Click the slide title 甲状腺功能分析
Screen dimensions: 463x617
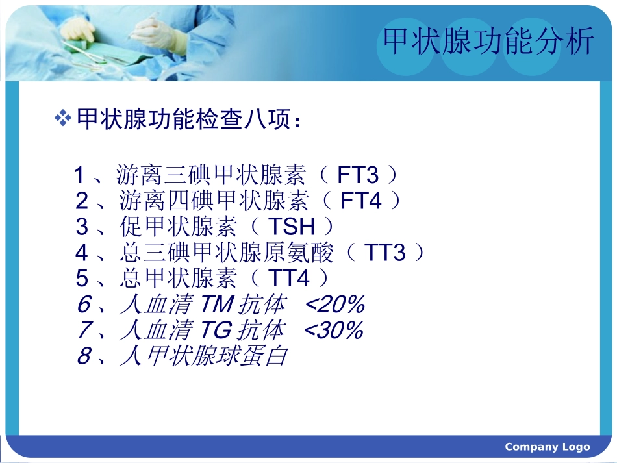tap(488, 42)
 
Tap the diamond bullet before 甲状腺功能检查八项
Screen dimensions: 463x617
tap(62, 118)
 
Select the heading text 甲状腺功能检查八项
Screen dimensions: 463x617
tap(188, 119)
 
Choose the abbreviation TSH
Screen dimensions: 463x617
tap(292, 227)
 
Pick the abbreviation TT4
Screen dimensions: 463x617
tap(289, 279)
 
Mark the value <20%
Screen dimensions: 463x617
tap(334, 305)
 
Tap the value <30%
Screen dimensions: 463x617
tap(333, 331)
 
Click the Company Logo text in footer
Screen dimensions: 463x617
tap(547, 447)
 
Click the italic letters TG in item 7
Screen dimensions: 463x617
tap(216, 331)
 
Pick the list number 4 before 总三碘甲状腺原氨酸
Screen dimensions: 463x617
tap(82, 253)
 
